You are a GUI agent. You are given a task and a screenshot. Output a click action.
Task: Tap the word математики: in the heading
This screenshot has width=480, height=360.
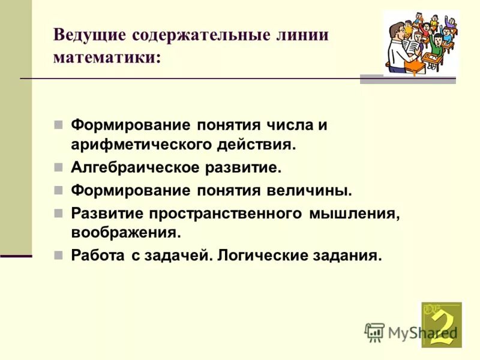[107, 58]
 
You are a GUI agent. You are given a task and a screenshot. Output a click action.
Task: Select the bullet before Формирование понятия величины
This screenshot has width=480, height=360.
[58, 190]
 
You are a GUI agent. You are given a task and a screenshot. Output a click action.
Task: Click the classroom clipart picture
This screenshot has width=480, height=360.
[419, 44]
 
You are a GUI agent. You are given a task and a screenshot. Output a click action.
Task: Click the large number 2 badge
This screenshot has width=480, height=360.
[442, 325]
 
